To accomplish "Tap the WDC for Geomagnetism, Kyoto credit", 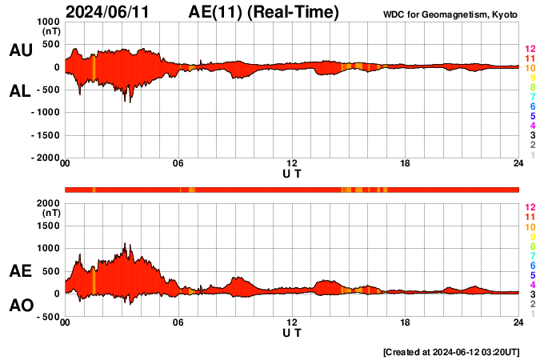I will pyautogui.click(x=451, y=14).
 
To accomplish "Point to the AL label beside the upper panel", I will pyautogui.click(x=20, y=91).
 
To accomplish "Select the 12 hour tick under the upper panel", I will pyautogui.click(x=292, y=164).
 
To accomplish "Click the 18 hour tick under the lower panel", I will pyautogui.click(x=406, y=322).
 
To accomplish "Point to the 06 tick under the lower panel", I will pyautogui.click(x=178, y=322).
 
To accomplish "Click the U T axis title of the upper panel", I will pyautogui.click(x=292, y=174).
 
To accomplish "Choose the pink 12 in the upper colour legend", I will pyautogui.click(x=530, y=50).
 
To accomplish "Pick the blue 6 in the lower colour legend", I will pyautogui.click(x=532, y=265).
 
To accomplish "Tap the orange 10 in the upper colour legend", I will pyautogui.click(x=530, y=69).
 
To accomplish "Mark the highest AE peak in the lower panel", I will pyautogui.click(x=125, y=243).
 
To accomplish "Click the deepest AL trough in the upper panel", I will pyautogui.click(x=125, y=102).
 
